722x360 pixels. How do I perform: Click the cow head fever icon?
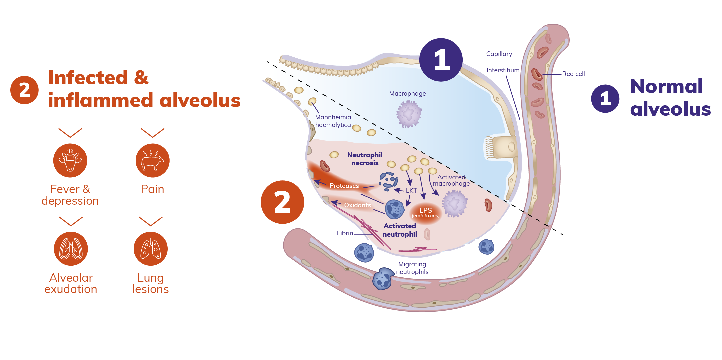70,160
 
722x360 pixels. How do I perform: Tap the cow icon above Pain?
152,160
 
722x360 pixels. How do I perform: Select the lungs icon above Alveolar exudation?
71,249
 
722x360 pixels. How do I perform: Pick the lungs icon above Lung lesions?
151,249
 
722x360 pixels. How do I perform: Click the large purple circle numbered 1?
441,60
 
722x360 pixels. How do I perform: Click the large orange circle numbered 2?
282,202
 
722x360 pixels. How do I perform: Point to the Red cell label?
573,74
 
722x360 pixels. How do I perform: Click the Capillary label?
499,54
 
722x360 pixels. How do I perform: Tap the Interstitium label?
503,70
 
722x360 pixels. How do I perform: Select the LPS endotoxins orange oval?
425,212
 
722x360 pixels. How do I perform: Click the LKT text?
411,190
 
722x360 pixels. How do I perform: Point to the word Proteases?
344,186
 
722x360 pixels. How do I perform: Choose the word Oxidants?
357,205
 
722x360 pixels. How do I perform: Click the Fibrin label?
345,233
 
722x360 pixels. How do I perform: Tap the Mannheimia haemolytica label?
333,121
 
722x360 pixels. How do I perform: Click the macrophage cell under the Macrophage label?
409,114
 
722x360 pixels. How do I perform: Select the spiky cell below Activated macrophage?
454,203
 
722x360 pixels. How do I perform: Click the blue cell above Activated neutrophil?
395,209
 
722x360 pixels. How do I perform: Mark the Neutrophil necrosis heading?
365,159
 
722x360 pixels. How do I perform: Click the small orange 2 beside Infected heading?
24,90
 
